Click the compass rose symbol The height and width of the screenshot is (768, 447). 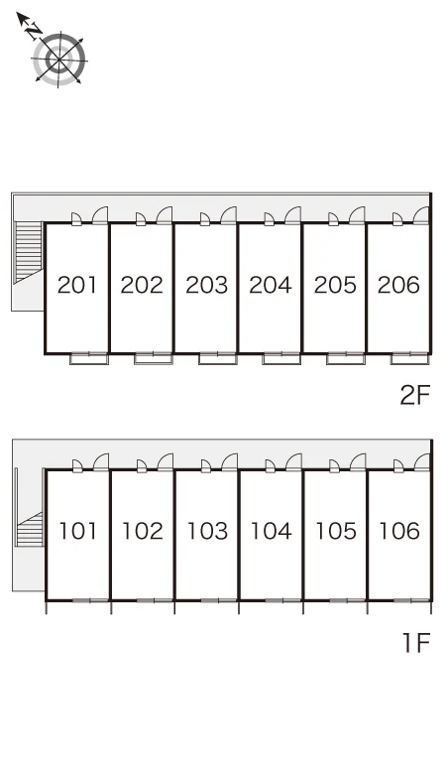(x=58, y=60)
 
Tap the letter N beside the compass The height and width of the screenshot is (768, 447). (x=34, y=31)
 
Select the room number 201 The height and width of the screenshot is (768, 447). (x=76, y=285)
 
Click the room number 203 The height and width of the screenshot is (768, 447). (x=206, y=285)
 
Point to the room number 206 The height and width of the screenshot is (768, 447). (x=398, y=285)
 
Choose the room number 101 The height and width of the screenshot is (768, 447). (x=77, y=531)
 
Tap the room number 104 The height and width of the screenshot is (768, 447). (x=271, y=531)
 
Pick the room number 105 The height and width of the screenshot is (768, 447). (x=335, y=531)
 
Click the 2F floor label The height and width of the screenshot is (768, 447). (x=414, y=395)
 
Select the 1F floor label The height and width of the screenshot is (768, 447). (x=416, y=643)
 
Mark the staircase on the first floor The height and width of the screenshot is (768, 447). (x=30, y=529)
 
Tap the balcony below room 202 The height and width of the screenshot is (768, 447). (x=153, y=358)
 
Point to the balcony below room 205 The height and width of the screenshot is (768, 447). (x=346, y=358)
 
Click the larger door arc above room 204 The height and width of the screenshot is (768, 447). (x=293, y=215)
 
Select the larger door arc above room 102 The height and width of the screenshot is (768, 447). (x=166, y=462)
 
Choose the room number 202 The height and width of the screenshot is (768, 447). (x=142, y=285)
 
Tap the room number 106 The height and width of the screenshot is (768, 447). (x=399, y=531)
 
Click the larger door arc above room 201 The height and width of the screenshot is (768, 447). (x=100, y=215)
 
